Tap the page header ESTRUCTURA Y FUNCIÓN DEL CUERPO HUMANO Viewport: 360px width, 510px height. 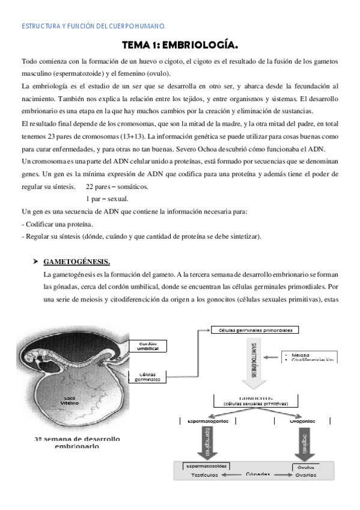[x=94, y=26]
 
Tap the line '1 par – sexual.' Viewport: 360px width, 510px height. [x=106, y=198]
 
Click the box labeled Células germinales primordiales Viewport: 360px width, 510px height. [x=255, y=330]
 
